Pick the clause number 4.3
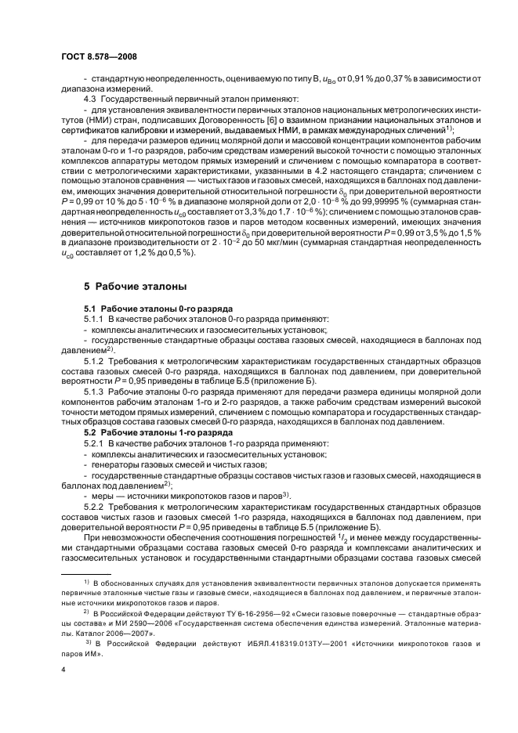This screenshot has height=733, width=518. click(92, 99)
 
